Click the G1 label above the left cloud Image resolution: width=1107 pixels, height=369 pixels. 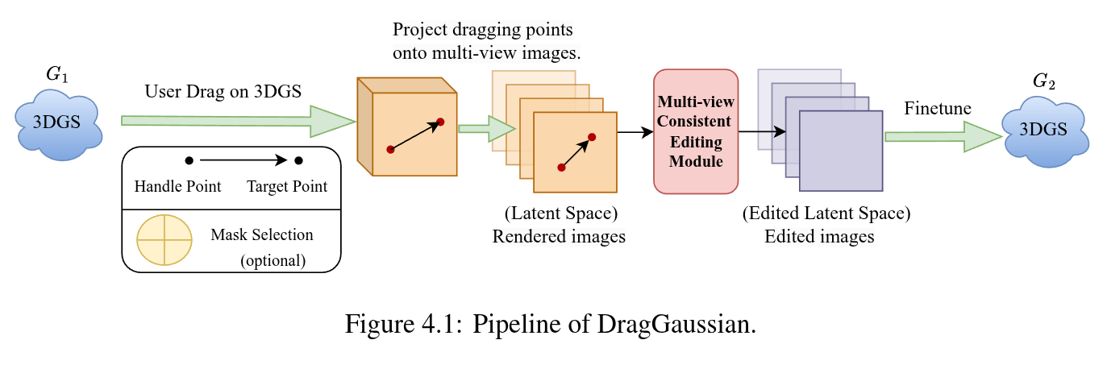pyautogui.click(x=56, y=74)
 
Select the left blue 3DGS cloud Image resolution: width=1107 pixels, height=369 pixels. pyautogui.click(x=58, y=124)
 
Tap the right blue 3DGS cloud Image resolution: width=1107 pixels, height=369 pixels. pyautogui.click(x=1045, y=131)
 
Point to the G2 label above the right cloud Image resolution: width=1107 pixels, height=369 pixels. pyautogui.click(x=1044, y=81)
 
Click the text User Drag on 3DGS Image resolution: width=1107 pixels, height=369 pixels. pyautogui.click(x=223, y=91)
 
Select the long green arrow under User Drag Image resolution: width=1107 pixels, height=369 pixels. pyautogui.click(x=239, y=121)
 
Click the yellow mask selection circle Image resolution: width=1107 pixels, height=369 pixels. pyautogui.click(x=164, y=240)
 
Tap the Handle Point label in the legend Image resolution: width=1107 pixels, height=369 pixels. pyautogui.click(x=177, y=186)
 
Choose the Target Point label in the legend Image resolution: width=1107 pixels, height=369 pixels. pyautogui.click(x=287, y=186)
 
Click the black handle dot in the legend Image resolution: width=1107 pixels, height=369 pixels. pyautogui.click(x=189, y=160)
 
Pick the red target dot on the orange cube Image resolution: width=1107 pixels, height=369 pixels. pyautogui.click(x=440, y=122)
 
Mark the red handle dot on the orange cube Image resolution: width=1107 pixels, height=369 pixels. pyautogui.click(x=390, y=150)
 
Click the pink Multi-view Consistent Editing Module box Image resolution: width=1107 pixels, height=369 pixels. pyautogui.click(x=696, y=131)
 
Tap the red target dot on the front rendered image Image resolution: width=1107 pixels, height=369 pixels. pyautogui.click(x=592, y=137)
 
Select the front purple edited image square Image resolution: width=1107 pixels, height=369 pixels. pyautogui.click(x=841, y=151)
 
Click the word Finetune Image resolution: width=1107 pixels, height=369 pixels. pyautogui.click(x=938, y=108)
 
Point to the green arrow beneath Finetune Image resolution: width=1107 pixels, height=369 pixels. pyautogui.click(x=943, y=136)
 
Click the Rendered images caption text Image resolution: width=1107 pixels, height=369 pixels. pyautogui.click(x=559, y=237)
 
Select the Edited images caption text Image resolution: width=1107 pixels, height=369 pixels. pyautogui.click(x=819, y=237)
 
